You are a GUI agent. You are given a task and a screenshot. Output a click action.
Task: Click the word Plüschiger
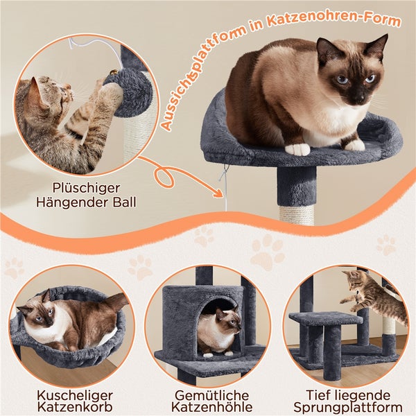tap(86, 189)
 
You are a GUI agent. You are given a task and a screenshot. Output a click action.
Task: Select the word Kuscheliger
tap(75, 395)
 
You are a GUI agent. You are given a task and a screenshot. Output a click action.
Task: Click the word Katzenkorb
tap(75, 407)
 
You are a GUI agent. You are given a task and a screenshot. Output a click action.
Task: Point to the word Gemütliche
tap(211, 395)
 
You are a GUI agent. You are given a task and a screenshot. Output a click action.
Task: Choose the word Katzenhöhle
tap(211, 407)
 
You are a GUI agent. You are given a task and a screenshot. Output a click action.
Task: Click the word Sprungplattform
tap(348, 408)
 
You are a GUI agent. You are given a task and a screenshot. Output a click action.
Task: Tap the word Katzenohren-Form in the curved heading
tap(335, 19)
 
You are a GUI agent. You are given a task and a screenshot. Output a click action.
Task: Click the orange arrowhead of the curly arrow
tap(218, 193)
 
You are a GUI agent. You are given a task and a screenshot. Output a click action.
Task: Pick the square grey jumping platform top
tap(326, 318)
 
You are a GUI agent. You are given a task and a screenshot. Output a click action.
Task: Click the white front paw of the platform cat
tap(297, 149)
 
